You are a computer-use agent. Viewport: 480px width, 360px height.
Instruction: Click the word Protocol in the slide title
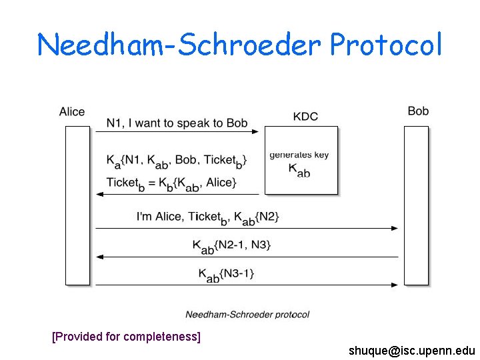click(386, 45)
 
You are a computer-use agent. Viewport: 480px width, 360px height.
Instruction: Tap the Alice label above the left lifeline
click(72, 111)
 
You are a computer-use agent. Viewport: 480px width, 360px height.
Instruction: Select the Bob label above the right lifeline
click(418, 111)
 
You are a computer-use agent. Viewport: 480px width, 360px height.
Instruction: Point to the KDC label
click(305, 117)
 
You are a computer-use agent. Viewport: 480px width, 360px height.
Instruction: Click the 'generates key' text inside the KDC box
click(299, 155)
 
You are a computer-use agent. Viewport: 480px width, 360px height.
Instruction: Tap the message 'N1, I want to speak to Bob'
click(177, 123)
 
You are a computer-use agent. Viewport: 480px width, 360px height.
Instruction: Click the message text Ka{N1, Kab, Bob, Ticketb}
click(177, 160)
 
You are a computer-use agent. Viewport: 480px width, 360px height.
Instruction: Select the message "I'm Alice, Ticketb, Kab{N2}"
click(207, 217)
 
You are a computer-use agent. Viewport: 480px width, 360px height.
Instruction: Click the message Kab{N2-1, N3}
click(231, 245)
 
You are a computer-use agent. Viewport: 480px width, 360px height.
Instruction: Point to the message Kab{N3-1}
click(227, 273)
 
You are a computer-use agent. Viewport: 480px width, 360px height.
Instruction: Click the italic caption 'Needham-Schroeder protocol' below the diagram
click(247, 314)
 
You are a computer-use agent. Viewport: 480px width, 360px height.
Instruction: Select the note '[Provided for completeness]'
click(126, 337)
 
